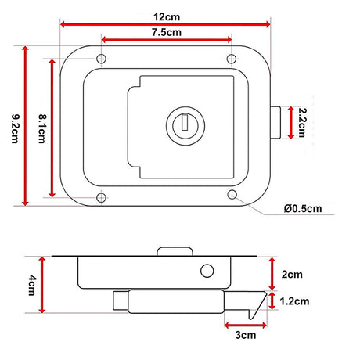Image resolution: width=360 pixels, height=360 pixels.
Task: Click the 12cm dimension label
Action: pos(167,17)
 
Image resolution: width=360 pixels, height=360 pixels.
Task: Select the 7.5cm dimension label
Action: pos(167,32)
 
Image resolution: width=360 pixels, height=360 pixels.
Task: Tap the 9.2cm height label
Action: pos(15,128)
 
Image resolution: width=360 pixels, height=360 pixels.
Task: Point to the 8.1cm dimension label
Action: pos(42,128)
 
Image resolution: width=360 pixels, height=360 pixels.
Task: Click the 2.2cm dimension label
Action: pos(302,122)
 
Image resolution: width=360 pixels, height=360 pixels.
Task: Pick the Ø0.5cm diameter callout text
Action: pos(303,209)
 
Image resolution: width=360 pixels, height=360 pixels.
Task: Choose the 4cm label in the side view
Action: pos(32,285)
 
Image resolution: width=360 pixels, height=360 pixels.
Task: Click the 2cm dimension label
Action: pos(292,275)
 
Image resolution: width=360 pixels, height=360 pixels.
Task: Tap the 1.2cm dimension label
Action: pos(294,301)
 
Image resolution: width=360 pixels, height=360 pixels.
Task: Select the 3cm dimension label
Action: pos(246,335)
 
